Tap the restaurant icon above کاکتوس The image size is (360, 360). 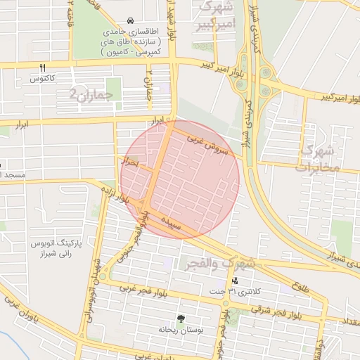43,67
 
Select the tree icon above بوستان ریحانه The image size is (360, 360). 181,319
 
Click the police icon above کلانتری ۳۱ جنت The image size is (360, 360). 234,281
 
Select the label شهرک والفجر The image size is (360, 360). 219,264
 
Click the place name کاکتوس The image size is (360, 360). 43,79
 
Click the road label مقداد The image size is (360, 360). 349,321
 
